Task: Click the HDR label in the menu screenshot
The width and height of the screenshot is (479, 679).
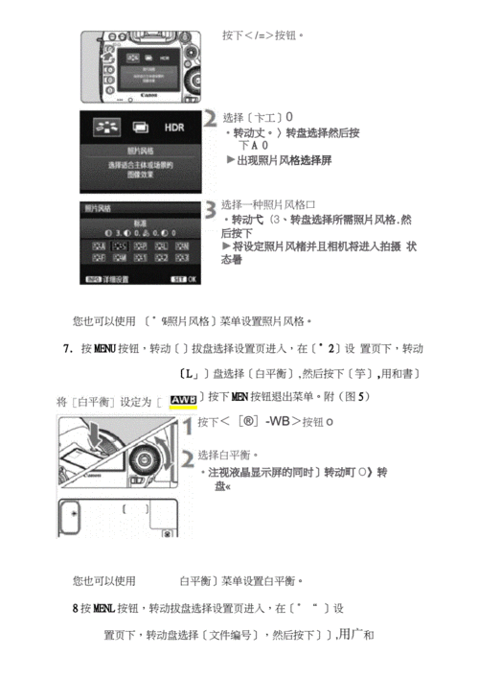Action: [x=173, y=127]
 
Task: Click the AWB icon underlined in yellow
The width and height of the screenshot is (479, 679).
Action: [x=182, y=399]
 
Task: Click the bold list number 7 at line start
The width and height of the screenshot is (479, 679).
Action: [x=68, y=349]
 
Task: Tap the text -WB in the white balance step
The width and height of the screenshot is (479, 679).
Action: [x=279, y=422]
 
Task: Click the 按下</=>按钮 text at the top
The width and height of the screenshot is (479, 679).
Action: [x=263, y=35]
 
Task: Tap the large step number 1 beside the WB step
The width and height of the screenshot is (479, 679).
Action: [x=186, y=422]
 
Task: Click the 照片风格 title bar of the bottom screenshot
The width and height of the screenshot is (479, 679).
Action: [x=98, y=206]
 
